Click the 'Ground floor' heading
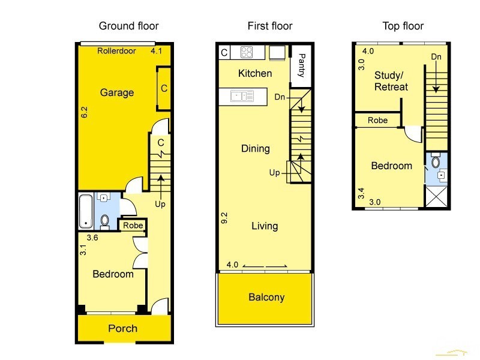[128, 26]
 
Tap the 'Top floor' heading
[403, 26]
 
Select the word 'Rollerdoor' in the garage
[116, 51]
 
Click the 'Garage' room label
[117, 92]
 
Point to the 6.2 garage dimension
[84, 112]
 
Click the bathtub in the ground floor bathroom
[86, 212]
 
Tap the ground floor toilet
[104, 221]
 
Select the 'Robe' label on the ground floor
[133, 226]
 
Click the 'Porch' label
[123, 328]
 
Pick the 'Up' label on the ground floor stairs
[160, 204]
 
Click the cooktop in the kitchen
[247, 52]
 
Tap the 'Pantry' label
[302, 65]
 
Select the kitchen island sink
[242, 96]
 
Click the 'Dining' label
[256, 149]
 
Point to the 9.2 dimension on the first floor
[224, 218]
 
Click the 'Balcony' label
[266, 297]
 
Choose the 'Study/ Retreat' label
[391, 81]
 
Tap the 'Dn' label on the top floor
[436, 56]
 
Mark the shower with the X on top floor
[437, 197]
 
